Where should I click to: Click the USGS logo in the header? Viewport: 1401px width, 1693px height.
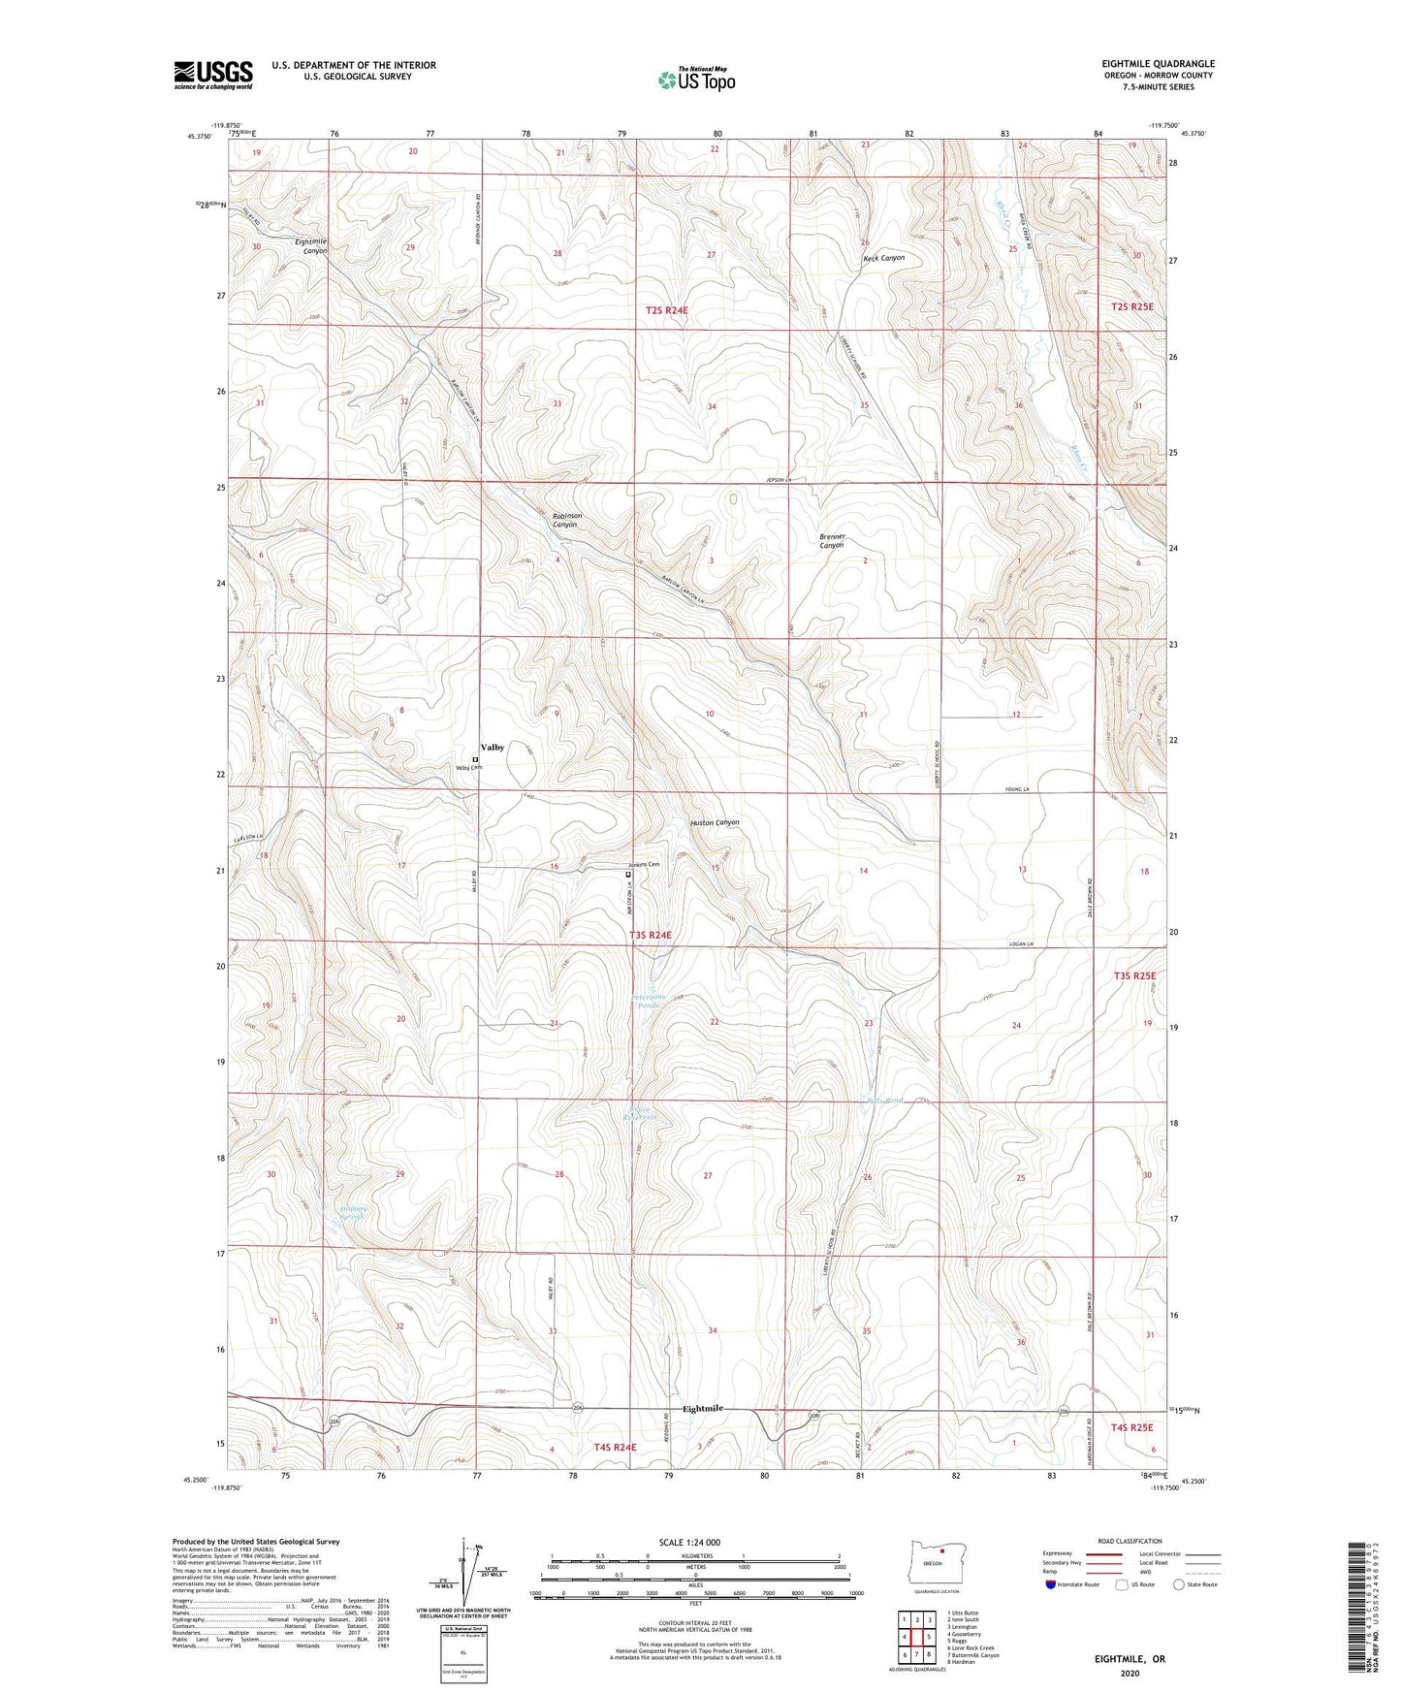[x=213, y=75]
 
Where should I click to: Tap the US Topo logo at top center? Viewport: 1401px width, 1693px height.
[x=695, y=80]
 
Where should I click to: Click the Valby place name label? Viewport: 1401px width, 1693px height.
[x=493, y=748]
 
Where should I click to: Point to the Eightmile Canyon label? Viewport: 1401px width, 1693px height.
[x=312, y=245]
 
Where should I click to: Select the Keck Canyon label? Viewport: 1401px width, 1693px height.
[x=883, y=258]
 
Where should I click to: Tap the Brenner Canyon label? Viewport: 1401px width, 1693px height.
[x=832, y=541]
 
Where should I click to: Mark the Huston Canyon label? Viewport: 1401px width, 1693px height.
[x=715, y=822]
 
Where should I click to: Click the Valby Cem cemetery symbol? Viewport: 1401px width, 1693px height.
[x=475, y=759]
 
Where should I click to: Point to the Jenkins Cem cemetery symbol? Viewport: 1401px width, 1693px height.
[x=628, y=874]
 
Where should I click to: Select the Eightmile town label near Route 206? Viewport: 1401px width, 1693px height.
[x=702, y=1408]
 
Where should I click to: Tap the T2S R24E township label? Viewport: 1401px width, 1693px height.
[x=667, y=310]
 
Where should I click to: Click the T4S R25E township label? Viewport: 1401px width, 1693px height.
[x=1131, y=1427]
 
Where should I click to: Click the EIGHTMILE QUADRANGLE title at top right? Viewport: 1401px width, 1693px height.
[x=1157, y=64]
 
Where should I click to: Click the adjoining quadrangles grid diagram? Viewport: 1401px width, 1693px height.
[x=916, y=1638]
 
